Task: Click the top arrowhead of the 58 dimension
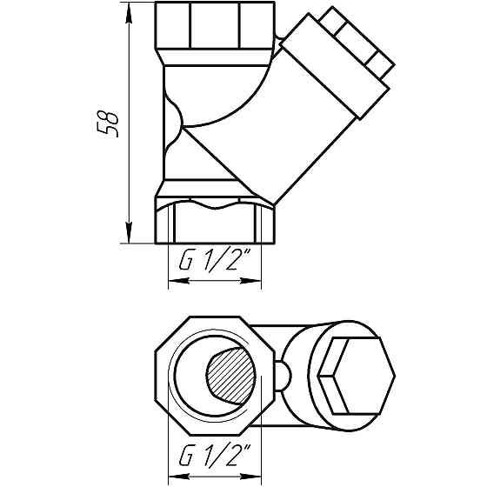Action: pyautogui.click(x=129, y=11)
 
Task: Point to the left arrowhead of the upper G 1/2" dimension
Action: pyautogui.click(x=171, y=280)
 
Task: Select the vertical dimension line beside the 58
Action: pyautogui.click(x=129, y=174)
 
